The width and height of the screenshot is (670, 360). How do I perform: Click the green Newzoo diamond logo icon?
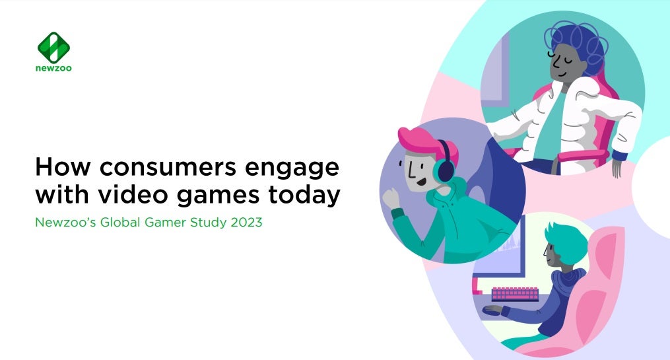54,46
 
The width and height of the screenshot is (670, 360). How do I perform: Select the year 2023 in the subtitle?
246,223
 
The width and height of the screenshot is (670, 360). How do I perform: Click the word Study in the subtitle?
207,223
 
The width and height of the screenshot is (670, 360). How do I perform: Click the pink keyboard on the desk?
515,293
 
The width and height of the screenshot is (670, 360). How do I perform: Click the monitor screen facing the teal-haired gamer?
502,251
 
